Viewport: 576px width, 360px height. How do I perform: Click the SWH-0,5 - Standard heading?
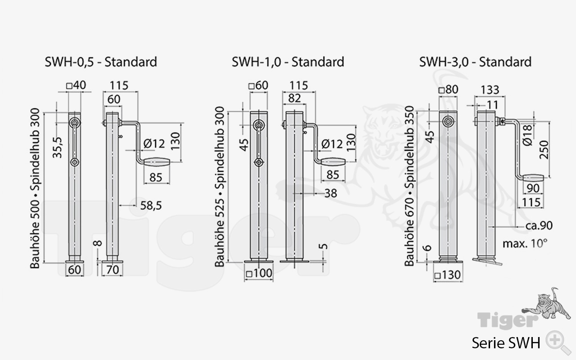pos(101,62)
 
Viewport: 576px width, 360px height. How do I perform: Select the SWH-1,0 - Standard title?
pos(288,62)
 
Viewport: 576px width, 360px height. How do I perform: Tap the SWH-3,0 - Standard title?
pos(476,62)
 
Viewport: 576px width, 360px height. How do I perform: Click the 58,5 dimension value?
pos(151,206)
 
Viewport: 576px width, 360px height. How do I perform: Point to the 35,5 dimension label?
pos(57,147)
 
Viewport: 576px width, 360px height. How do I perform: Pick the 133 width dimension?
pos(490,90)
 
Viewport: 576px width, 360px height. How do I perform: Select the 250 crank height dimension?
pos(544,150)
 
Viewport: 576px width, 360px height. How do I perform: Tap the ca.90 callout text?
pos(539,226)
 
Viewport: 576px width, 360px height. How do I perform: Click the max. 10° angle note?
pos(525,243)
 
